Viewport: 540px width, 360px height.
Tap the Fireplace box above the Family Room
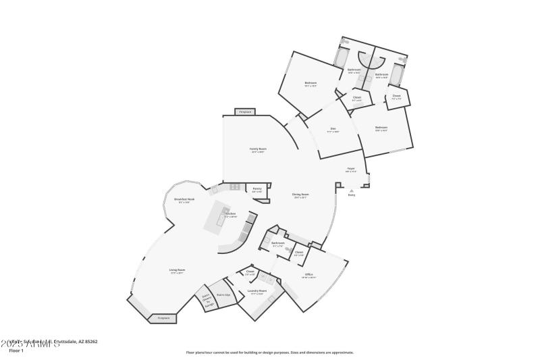(244, 111)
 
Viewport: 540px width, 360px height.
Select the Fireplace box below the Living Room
(163, 317)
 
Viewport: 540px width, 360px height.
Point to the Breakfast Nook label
(184, 200)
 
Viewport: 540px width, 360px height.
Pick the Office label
(308, 275)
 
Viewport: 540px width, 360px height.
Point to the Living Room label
(177, 271)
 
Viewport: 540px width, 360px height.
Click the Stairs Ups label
(223, 294)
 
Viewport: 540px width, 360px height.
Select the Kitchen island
(223, 217)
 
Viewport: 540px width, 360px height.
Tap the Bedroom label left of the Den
(310, 84)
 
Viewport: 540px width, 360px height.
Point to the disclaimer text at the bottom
(269, 352)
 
